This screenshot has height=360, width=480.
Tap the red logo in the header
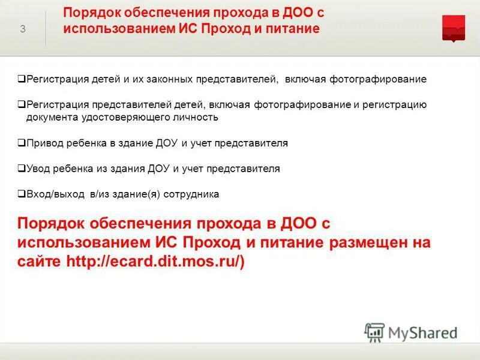(454, 28)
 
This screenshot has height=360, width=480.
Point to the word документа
(50, 118)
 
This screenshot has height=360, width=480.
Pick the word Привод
(41, 143)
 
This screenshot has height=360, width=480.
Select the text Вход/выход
(49, 194)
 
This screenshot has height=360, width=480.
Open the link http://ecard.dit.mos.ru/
(155, 262)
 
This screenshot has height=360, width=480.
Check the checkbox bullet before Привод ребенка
(22, 143)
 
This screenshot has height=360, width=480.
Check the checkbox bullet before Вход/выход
(22, 194)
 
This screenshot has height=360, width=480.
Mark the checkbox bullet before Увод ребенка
(22, 169)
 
